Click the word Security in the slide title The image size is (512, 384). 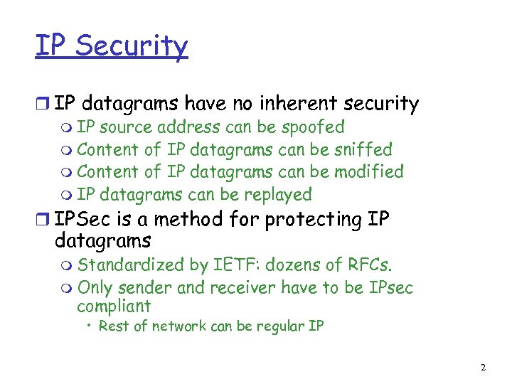point(132,46)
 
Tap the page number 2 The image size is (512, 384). point(483,368)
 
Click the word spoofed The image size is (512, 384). point(313,128)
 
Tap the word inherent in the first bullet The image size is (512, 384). point(295,104)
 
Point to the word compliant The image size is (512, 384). point(114,306)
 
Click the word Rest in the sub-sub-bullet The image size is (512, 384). point(112,326)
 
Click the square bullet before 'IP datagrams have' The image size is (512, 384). point(43,105)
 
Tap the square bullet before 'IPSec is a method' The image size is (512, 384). point(43,220)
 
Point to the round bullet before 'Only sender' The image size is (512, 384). point(67,289)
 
